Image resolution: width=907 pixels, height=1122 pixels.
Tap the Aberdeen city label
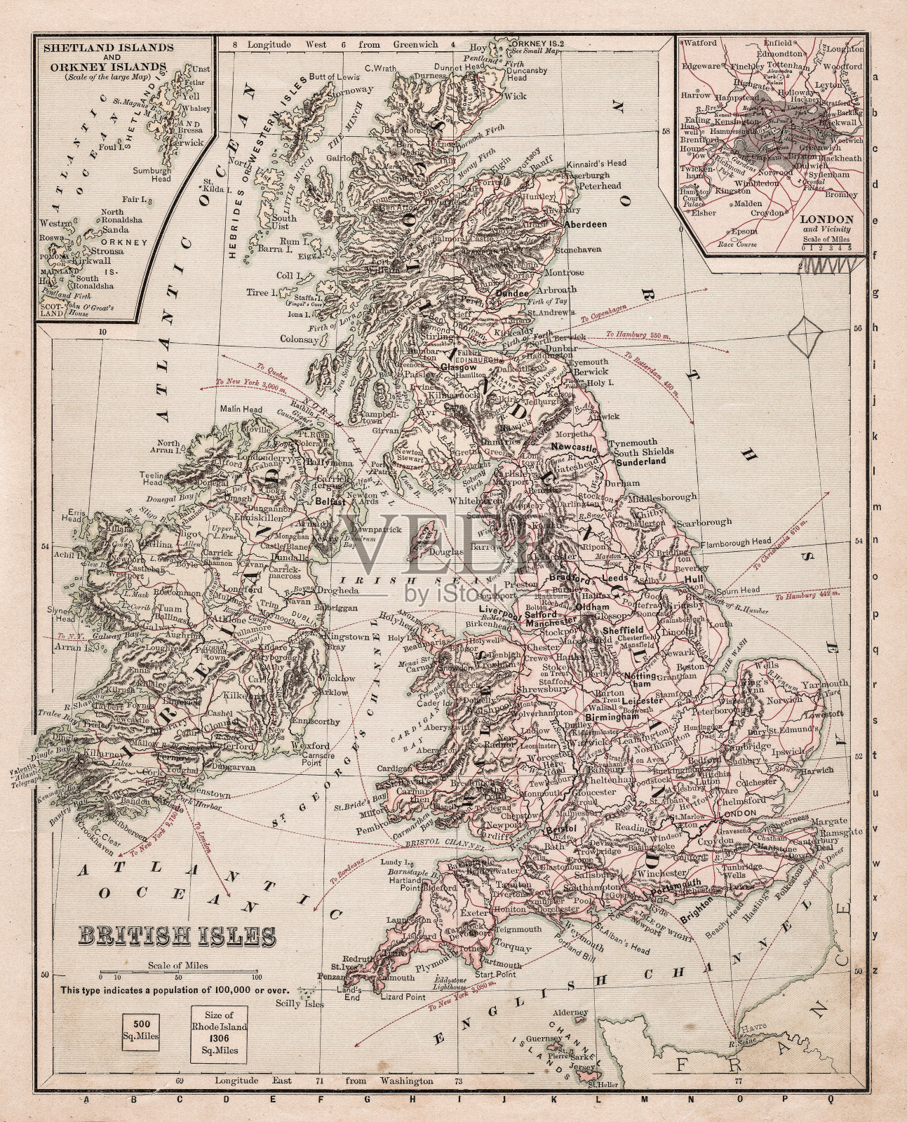click(x=585, y=224)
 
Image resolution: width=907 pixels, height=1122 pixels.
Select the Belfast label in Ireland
click(x=330, y=502)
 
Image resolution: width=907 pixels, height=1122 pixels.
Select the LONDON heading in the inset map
click(x=828, y=219)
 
